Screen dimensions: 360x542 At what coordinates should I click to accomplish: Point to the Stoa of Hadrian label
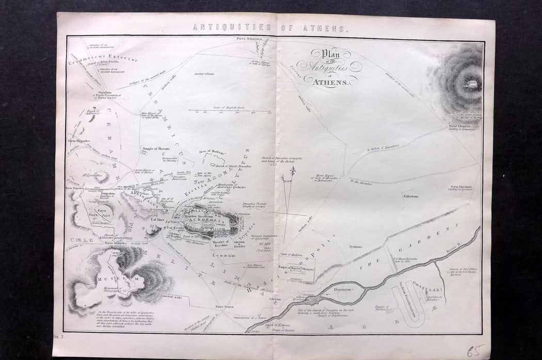point(212,152)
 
